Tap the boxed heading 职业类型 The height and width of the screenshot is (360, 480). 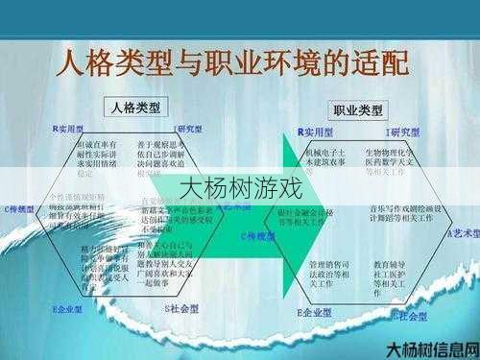point(357,109)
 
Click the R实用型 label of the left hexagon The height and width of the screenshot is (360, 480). point(70,128)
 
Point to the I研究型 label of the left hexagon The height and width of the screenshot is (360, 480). point(187,128)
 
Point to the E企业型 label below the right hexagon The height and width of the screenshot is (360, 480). point(314,313)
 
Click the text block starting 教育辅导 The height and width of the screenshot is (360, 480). point(391,274)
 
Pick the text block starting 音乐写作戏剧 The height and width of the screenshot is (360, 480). point(403,212)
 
